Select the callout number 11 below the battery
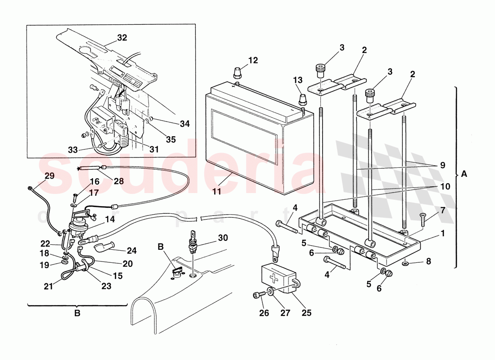(217, 191)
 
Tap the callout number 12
(253, 60)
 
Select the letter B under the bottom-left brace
(77, 313)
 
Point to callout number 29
(49, 176)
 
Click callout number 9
(443, 165)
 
